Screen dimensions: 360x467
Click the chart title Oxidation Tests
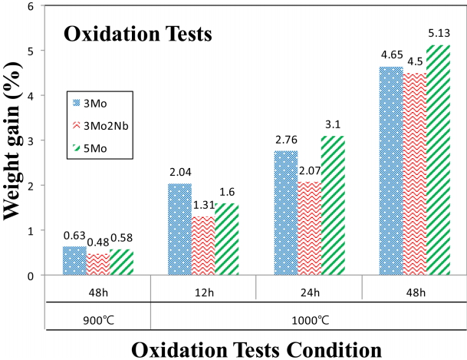(x=137, y=34)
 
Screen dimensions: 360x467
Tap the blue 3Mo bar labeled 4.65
(x=391, y=170)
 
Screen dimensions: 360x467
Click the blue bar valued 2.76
(x=286, y=213)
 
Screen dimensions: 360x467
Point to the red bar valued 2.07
(x=310, y=228)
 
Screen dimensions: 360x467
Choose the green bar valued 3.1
(x=334, y=205)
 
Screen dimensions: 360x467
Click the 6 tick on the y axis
(x=31, y=6)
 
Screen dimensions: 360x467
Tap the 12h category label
(x=203, y=292)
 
